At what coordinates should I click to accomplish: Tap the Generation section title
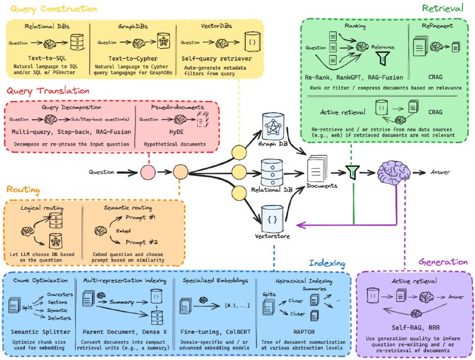443,261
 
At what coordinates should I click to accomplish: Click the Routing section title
23,190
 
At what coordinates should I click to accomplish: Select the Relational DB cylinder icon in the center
273,172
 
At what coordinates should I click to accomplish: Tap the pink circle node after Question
147,173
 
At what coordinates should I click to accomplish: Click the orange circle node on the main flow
180,173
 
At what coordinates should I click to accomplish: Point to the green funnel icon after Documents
354,173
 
